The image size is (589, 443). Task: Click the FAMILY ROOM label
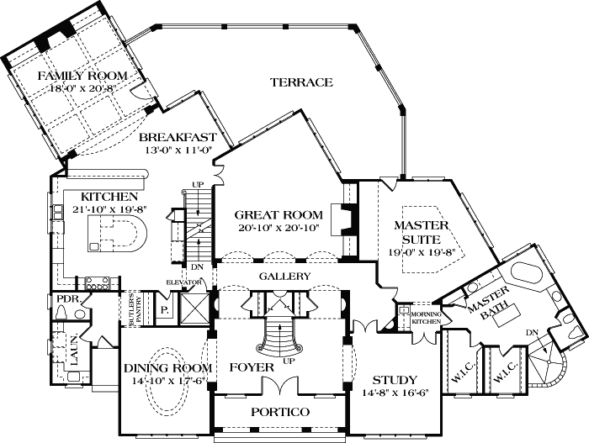click(82, 76)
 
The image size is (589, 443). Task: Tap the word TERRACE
click(302, 82)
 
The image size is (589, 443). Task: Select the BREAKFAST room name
click(178, 138)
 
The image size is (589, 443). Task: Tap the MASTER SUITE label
click(425, 232)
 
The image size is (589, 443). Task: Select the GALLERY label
click(284, 277)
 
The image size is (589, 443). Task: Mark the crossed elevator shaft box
click(193, 307)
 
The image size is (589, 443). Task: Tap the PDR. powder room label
click(66, 298)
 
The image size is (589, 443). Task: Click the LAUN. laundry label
click(74, 358)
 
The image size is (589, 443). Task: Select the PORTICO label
click(281, 412)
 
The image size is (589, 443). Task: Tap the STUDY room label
click(395, 378)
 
